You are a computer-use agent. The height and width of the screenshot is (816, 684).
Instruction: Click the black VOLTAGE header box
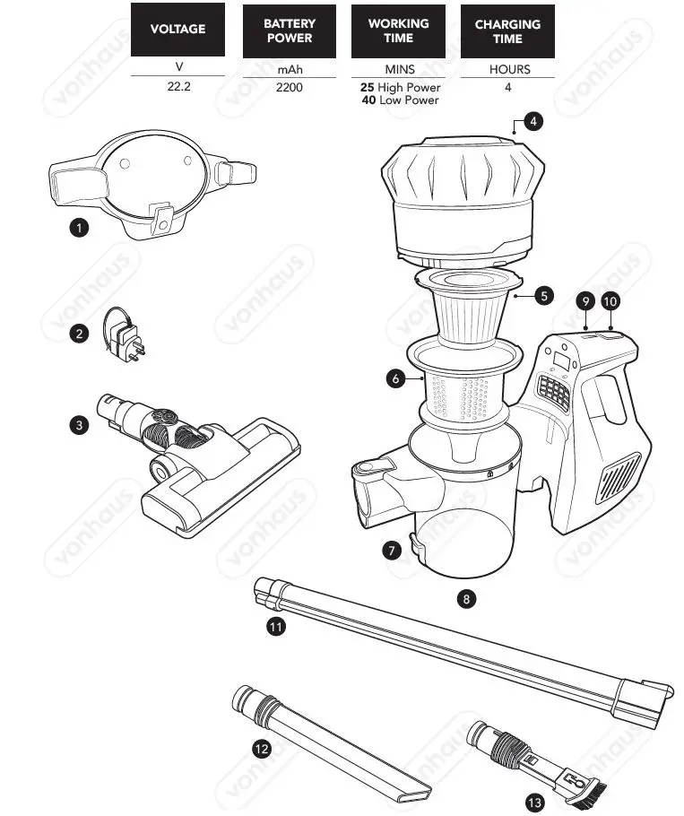click(x=177, y=30)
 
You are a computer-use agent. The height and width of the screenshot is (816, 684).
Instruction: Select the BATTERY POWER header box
click(x=289, y=30)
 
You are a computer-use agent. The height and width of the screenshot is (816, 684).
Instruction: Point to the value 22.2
click(x=177, y=88)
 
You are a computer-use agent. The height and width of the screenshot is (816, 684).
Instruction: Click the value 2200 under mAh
click(x=289, y=88)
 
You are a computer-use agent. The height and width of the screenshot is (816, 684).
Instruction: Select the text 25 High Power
click(x=399, y=88)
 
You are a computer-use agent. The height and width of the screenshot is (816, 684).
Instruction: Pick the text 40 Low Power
click(x=399, y=100)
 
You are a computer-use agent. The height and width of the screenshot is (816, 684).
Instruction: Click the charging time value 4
click(x=508, y=88)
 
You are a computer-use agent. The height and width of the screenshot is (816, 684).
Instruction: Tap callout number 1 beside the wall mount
click(x=80, y=228)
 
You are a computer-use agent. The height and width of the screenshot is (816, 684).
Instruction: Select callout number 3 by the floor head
click(x=80, y=425)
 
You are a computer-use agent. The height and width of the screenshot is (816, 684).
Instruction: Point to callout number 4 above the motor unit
click(x=533, y=122)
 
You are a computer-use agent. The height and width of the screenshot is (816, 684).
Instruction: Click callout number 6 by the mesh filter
click(x=395, y=378)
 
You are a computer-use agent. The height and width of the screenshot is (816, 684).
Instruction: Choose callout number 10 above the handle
click(x=610, y=301)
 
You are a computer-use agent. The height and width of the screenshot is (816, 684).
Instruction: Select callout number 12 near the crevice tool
click(x=262, y=750)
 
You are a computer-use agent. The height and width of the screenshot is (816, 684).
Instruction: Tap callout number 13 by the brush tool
click(x=535, y=802)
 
